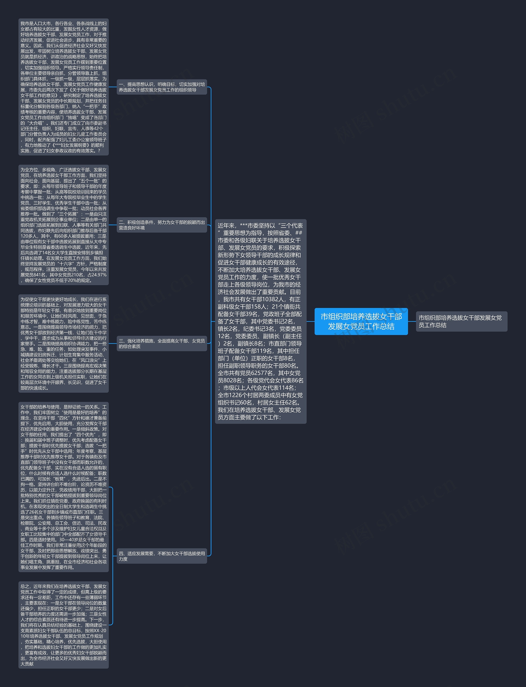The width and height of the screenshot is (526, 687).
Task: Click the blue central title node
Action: (x=361, y=321)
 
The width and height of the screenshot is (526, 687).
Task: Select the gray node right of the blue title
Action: (x=461, y=321)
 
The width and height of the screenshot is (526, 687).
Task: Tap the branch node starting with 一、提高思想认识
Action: (x=162, y=87)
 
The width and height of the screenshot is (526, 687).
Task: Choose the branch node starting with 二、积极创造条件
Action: (x=162, y=225)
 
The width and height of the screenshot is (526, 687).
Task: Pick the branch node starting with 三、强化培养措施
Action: (x=162, y=344)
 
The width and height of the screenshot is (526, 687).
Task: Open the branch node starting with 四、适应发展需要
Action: (x=162, y=556)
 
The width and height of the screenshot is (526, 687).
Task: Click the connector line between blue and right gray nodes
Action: (x=412, y=321)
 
